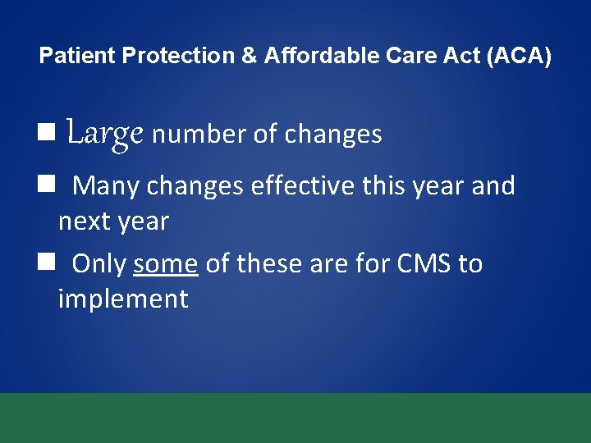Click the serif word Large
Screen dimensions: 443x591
tap(105, 133)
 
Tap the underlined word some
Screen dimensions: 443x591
tap(165, 264)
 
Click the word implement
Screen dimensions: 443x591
tap(123, 299)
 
